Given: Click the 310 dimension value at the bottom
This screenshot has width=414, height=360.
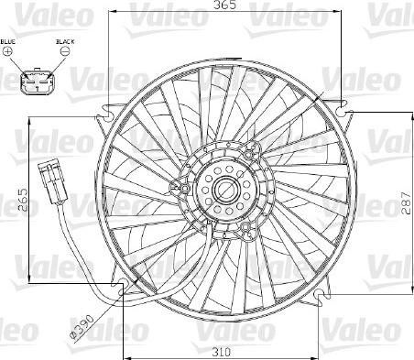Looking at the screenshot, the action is click(x=222, y=352).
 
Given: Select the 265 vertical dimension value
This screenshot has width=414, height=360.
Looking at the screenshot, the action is click(x=22, y=201).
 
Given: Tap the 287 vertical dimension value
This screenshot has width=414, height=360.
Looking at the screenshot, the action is click(x=407, y=202).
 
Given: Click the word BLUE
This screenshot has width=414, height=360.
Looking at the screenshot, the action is click(x=8, y=41).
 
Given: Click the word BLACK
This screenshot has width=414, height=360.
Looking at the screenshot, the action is click(x=65, y=41).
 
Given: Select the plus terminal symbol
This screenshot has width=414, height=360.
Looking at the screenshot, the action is click(x=7, y=51).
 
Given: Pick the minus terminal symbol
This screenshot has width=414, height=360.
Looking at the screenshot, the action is click(x=65, y=51).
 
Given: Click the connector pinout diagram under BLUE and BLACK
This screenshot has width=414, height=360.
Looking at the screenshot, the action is click(x=38, y=81).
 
